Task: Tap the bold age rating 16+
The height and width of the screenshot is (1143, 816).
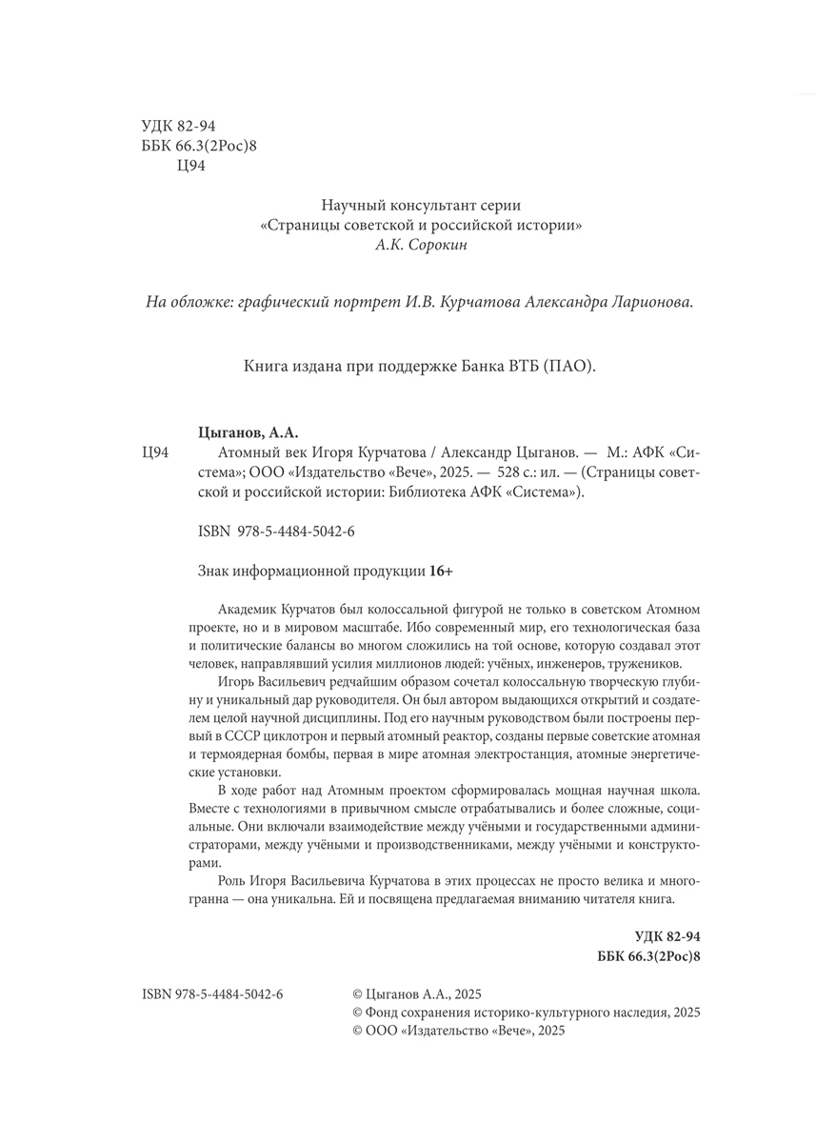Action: (441, 571)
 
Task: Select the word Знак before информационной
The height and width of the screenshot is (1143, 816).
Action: (213, 571)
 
